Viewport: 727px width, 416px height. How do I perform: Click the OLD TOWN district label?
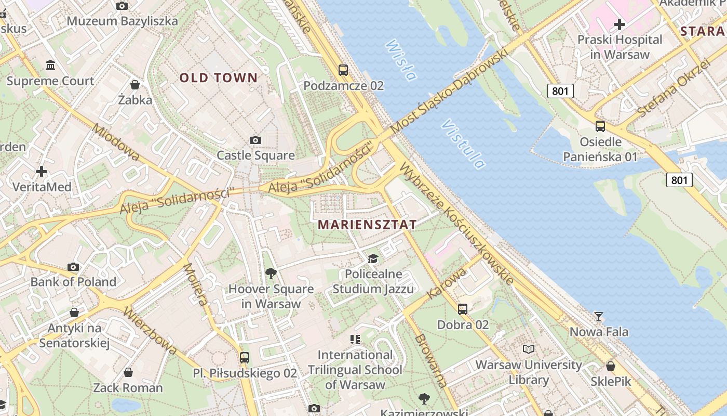[x=218, y=78]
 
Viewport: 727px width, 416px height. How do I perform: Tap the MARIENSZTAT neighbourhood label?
[x=367, y=225]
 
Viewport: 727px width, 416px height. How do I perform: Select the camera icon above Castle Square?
[x=255, y=140]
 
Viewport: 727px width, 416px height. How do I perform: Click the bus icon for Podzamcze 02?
[x=343, y=70]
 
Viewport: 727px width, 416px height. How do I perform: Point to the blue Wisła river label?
[x=401, y=60]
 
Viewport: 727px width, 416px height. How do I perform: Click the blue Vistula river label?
[x=464, y=145]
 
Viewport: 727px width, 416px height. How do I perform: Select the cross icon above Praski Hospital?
[x=619, y=24]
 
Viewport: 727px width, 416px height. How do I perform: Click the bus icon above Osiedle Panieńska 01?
[x=600, y=126]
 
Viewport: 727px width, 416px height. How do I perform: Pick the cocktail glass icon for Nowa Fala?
[x=599, y=316]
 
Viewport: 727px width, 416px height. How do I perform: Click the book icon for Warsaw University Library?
[x=529, y=349]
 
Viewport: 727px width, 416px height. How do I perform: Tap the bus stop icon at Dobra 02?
[x=463, y=309]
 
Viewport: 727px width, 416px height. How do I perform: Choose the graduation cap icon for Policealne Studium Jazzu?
[x=373, y=258]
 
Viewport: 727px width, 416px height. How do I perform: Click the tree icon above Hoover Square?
[x=271, y=273]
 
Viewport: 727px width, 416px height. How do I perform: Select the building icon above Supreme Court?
[x=50, y=66]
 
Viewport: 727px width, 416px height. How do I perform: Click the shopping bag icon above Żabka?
[x=135, y=84]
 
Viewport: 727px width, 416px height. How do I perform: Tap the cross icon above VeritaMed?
[x=42, y=171]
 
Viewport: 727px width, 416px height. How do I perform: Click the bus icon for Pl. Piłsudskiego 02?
[x=245, y=358]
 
